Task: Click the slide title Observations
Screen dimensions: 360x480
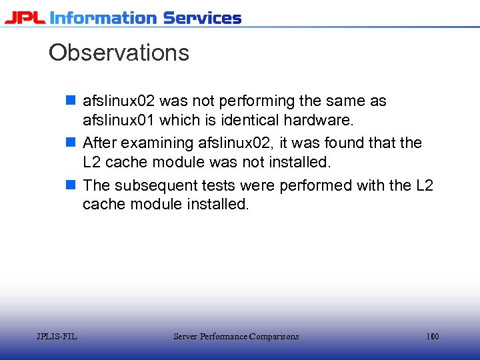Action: (119, 53)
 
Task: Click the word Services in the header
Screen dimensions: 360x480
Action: (202, 18)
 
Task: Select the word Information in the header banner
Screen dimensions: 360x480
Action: (104, 18)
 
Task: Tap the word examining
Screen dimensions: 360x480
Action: (156, 143)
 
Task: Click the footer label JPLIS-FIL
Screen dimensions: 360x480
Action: (57, 337)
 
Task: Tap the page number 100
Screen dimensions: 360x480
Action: (433, 337)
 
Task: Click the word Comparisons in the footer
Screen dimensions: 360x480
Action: (274, 337)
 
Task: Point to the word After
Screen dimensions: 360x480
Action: (99, 143)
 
